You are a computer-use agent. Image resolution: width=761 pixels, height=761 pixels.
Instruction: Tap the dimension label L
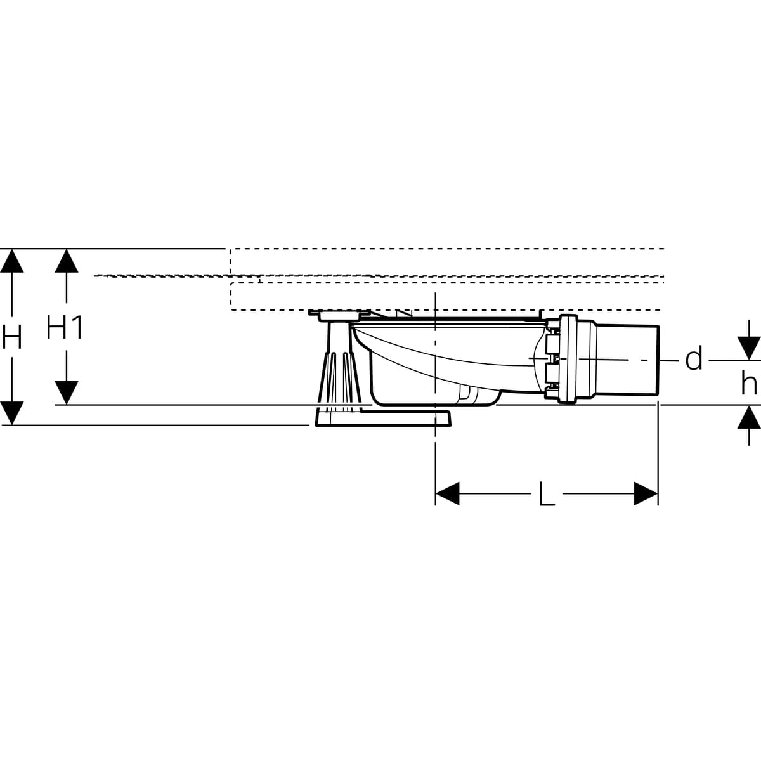tap(546, 494)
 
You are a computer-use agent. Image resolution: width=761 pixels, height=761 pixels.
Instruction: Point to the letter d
tap(694, 360)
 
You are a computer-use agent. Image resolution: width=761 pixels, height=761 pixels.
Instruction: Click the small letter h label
tap(750, 383)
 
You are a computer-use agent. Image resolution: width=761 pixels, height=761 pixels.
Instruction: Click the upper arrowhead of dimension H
tap(12, 261)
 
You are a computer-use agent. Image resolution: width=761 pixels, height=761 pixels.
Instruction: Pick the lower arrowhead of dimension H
tap(12, 413)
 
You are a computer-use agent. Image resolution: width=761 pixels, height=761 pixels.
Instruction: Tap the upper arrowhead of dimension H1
tap(66, 261)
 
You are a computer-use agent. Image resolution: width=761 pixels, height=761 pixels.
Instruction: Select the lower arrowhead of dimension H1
tap(66, 393)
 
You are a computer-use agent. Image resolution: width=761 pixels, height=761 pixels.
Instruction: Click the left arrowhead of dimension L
tap(448, 494)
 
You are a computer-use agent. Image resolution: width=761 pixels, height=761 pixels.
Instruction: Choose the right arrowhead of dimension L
tap(646, 494)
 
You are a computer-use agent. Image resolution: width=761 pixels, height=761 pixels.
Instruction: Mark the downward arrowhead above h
tap(750, 348)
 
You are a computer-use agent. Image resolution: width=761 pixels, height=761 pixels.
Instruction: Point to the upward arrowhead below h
tap(750, 417)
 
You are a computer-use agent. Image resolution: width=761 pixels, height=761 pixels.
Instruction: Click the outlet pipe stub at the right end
tap(628, 360)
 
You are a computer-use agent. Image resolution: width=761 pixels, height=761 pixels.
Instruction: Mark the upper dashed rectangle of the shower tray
tap(444, 261)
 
